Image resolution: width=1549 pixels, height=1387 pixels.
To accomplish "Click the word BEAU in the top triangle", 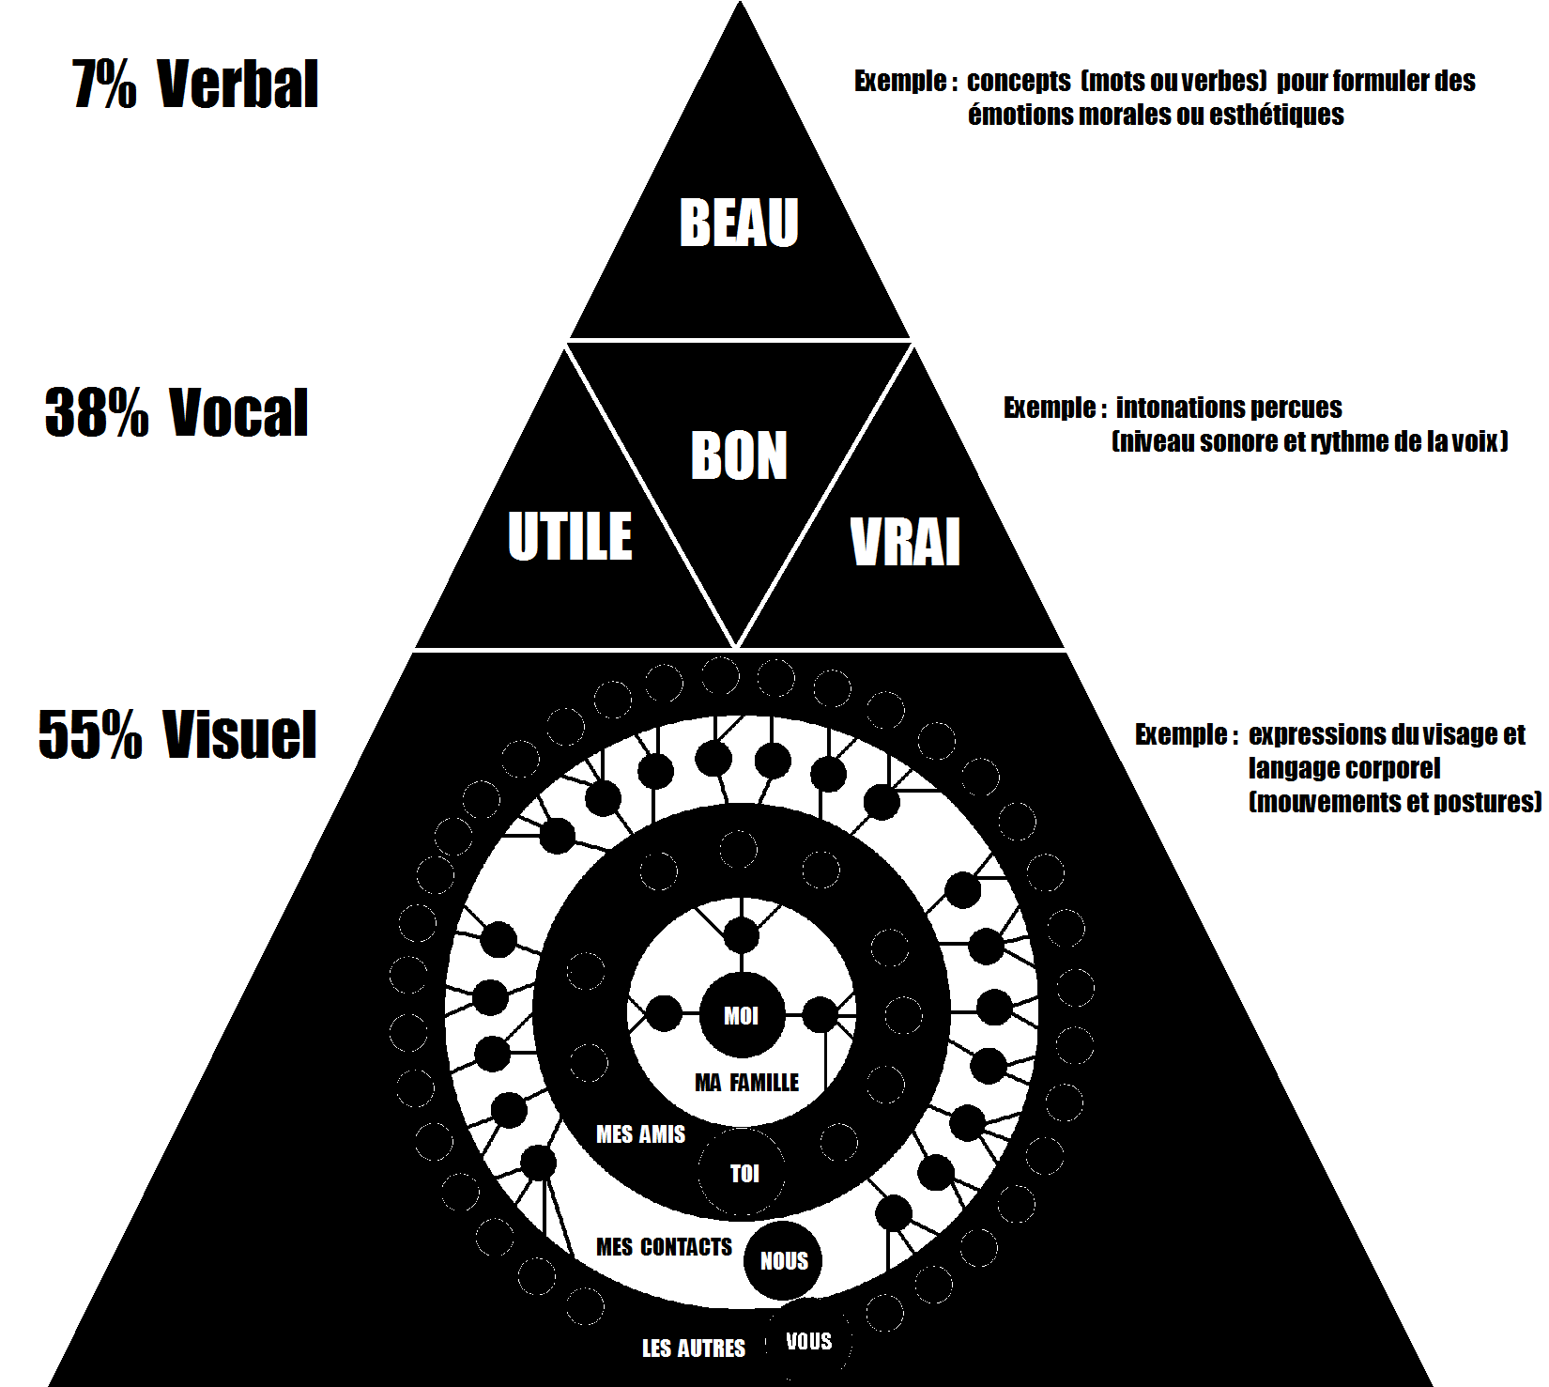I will coord(739,223).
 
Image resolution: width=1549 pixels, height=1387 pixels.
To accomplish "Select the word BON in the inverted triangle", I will coord(739,456).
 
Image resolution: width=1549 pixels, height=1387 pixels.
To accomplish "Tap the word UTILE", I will coord(570,536).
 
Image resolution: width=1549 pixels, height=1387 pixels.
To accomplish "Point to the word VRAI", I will coord(905,542).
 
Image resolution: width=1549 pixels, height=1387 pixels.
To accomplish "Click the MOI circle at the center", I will coord(741,1015).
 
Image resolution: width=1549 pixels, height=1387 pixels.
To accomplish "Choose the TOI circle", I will coord(744,1173).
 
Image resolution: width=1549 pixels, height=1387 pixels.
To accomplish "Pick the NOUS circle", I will coord(784,1260).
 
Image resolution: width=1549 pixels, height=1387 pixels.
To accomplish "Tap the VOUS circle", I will coord(808,1341).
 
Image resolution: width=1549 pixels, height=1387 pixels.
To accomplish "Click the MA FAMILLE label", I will coord(746,1083).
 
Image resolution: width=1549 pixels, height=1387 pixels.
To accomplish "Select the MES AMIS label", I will coord(640,1134).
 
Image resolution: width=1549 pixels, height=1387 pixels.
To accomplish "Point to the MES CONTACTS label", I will coord(664,1247).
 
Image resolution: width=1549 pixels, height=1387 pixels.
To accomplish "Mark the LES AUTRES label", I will coord(693,1348).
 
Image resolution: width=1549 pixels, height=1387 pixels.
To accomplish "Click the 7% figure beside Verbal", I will coord(104,85).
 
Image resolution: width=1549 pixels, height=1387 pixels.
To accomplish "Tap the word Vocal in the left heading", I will coord(238,412).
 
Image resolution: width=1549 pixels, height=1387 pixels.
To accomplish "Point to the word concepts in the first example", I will coord(1019,82).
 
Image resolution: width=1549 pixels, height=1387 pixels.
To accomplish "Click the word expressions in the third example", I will coord(1315,734).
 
